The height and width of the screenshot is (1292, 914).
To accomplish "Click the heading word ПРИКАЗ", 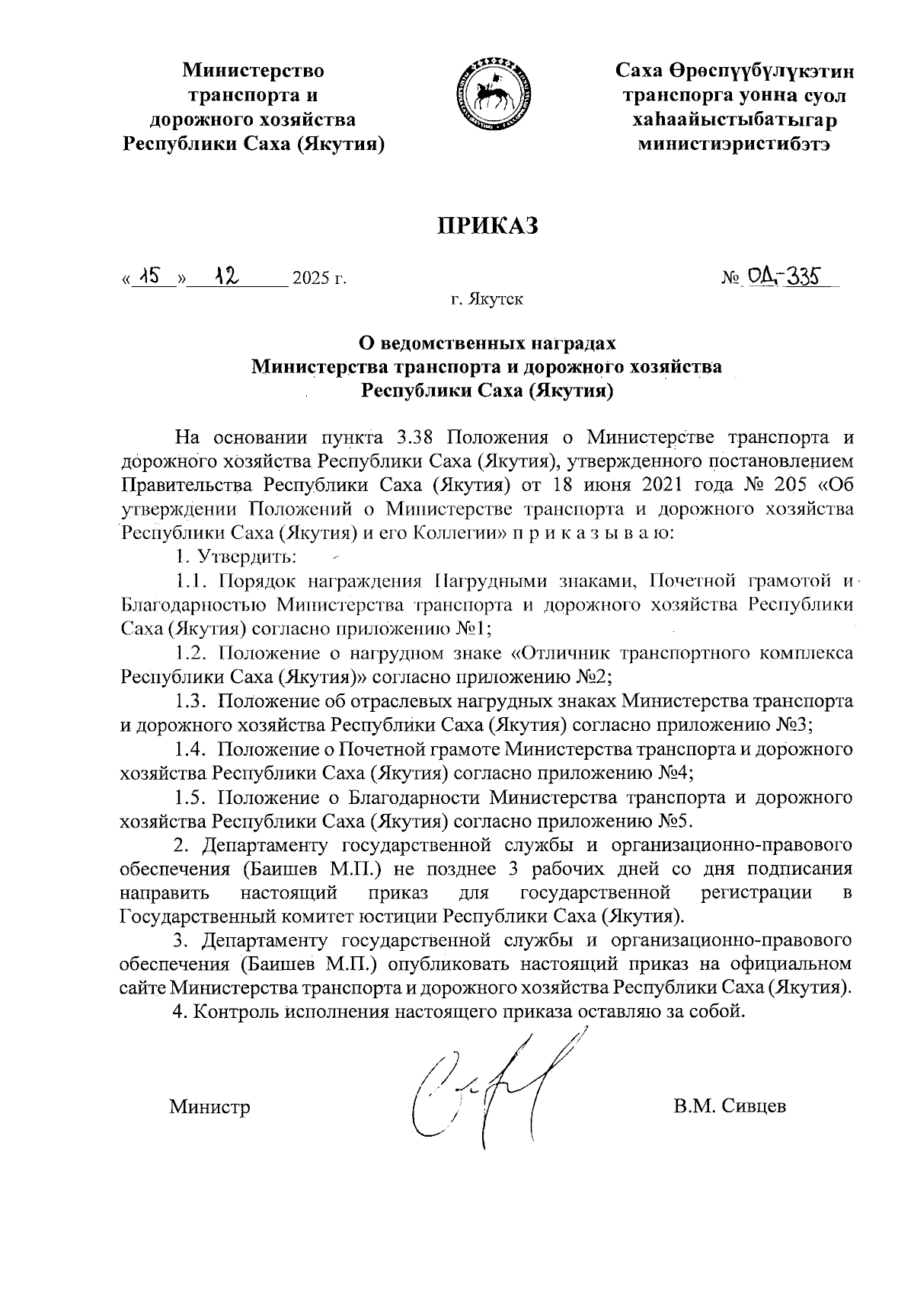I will (487, 225).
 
